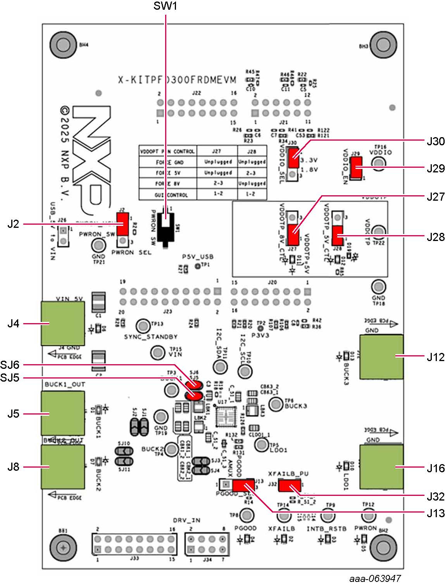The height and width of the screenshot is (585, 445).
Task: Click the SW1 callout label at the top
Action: coord(166,7)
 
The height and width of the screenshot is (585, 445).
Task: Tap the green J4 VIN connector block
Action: coord(63,323)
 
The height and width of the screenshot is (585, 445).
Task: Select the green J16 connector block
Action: coord(381,467)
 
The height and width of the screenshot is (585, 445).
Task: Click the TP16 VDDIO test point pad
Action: coord(379,163)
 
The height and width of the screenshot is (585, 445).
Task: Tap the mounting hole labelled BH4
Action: coord(62,45)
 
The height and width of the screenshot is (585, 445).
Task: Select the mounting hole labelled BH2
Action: coord(383,547)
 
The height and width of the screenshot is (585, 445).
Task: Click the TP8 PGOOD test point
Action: coord(247,516)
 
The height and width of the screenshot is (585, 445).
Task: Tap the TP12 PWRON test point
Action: coord(368,516)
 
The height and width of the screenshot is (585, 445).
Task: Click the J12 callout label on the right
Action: coord(435,357)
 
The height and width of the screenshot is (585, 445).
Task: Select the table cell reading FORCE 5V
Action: coord(168,173)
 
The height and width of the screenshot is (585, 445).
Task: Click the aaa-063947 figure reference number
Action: coord(375,578)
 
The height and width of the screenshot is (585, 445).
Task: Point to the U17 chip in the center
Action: coord(224,418)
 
